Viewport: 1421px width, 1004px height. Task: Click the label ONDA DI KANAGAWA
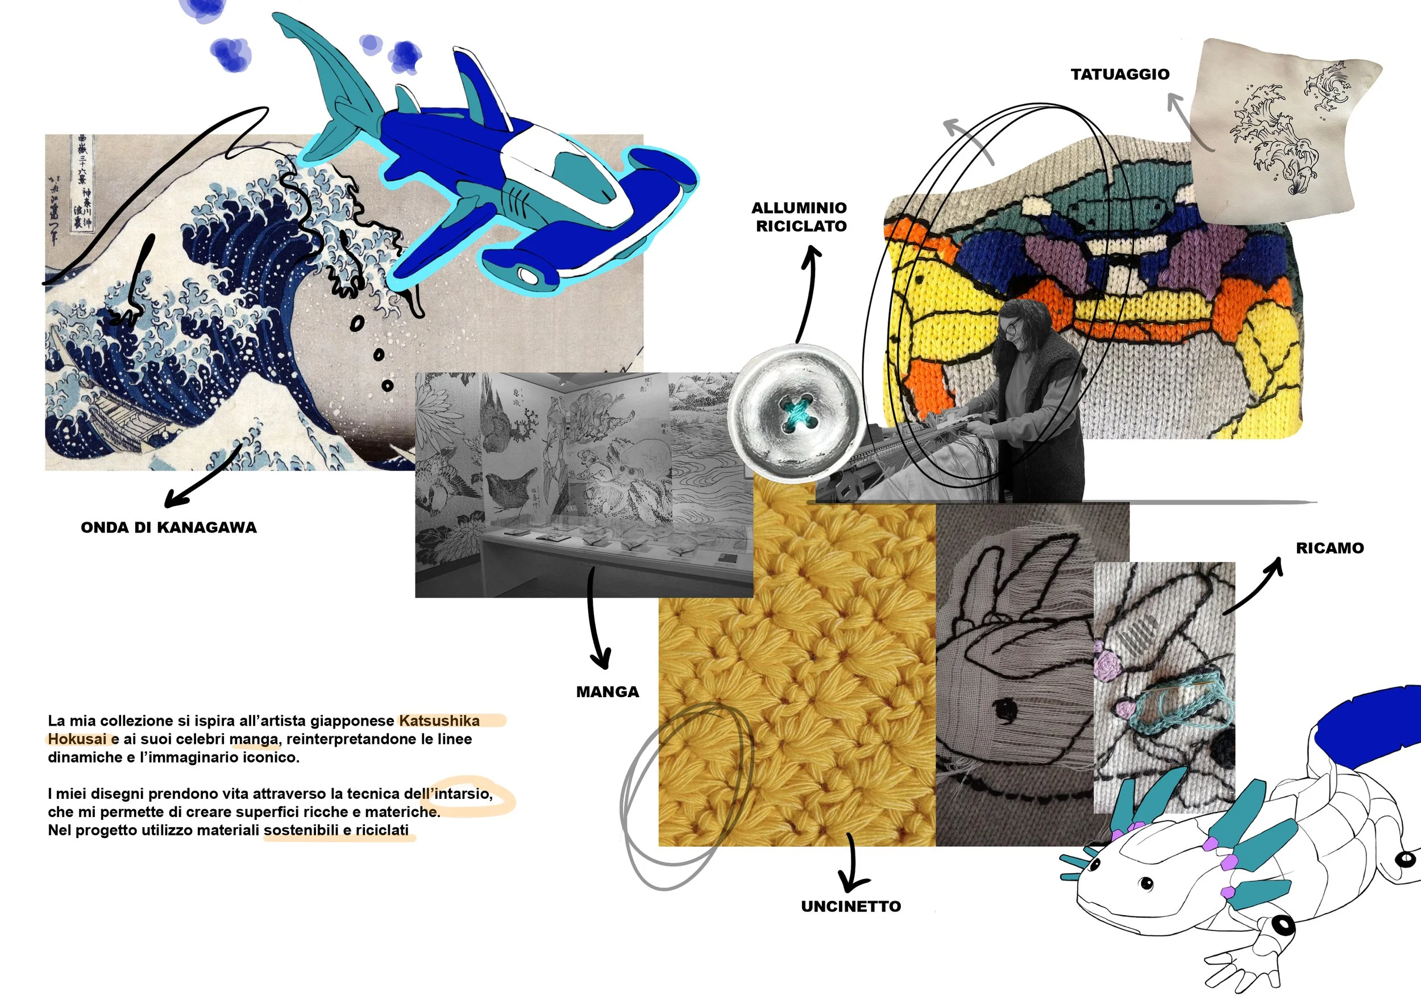168,527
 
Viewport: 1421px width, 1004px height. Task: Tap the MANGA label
607,691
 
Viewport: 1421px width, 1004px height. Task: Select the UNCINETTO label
851,906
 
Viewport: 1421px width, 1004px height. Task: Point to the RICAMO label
1329,548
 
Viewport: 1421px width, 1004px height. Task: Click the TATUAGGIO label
1120,74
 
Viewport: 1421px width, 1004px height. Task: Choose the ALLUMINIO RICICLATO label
800,216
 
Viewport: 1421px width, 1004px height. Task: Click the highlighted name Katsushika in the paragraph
439,720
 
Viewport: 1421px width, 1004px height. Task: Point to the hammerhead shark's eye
528,274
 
